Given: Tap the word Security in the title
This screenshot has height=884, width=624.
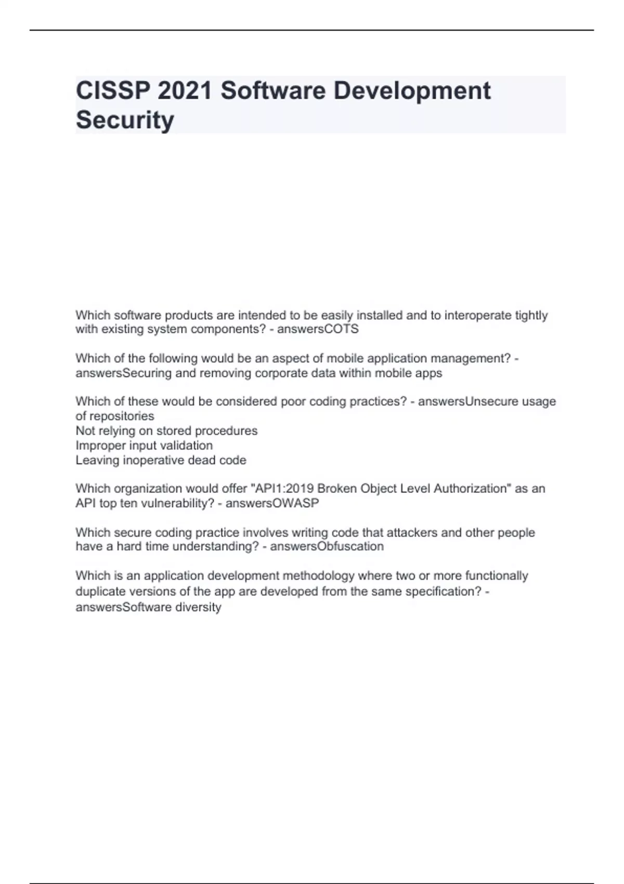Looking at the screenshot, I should (125, 120).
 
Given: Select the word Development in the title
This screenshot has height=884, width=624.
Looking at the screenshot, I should (412, 90).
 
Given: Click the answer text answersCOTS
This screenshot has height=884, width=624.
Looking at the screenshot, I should (318, 329).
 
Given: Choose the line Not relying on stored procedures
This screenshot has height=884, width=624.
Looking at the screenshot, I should (166, 431).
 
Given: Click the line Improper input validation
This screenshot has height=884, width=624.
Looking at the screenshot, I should (144, 446).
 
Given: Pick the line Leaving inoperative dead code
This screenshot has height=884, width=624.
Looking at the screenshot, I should (161, 460).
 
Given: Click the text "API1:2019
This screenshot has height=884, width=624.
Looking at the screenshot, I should (282, 489).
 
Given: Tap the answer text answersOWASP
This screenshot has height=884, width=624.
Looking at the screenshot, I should (272, 503).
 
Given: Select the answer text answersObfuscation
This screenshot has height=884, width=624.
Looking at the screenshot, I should (327, 547).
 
